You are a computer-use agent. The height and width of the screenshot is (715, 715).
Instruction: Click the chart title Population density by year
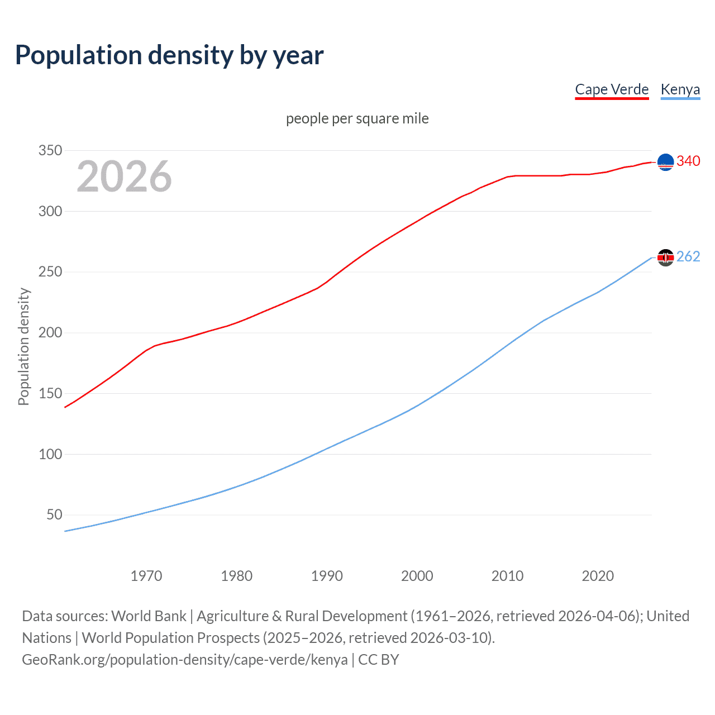pyautogui.click(x=169, y=55)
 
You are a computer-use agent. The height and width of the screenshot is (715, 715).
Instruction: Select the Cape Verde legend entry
pyautogui.click(x=612, y=89)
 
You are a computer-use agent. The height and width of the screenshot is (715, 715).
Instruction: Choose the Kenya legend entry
pyautogui.click(x=680, y=89)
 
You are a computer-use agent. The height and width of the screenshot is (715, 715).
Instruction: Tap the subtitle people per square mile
pyautogui.click(x=357, y=118)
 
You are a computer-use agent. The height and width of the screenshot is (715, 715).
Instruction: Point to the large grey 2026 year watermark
pyautogui.click(x=124, y=177)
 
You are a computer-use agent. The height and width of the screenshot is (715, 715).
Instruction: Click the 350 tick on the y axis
pyautogui.click(x=50, y=150)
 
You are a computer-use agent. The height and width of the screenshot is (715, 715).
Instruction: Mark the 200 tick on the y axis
pyautogui.click(x=50, y=332)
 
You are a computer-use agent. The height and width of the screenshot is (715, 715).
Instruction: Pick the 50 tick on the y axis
pyautogui.click(x=54, y=514)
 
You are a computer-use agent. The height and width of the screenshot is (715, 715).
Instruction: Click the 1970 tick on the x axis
pyautogui.click(x=146, y=576)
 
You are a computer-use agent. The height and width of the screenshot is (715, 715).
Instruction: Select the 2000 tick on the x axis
pyautogui.click(x=417, y=576)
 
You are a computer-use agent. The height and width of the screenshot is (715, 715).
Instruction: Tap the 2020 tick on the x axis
pyautogui.click(x=598, y=576)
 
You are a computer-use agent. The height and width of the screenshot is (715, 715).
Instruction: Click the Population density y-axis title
pyautogui.click(x=23, y=346)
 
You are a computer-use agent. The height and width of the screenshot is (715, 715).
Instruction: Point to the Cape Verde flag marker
pyautogui.click(x=665, y=162)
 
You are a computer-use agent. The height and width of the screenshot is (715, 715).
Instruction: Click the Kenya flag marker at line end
pyautogui.click(x=665, y=258)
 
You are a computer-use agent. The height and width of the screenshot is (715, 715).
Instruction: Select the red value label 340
pyautogui.click(x=688, y=161)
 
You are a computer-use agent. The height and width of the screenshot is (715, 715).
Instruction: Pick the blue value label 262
pyautogui.click(x=688, y=256)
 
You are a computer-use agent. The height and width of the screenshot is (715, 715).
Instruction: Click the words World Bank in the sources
pyautogui.click(x=149, y=616)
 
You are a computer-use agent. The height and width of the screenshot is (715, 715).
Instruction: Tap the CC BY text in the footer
pyautogui.click(x=379, y=660)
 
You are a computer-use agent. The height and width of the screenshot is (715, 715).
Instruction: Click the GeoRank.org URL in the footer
pyautogui.click(x=184, y=660)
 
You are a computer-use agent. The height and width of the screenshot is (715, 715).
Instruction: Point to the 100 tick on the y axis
pyautogui.click(x=50, y=454)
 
